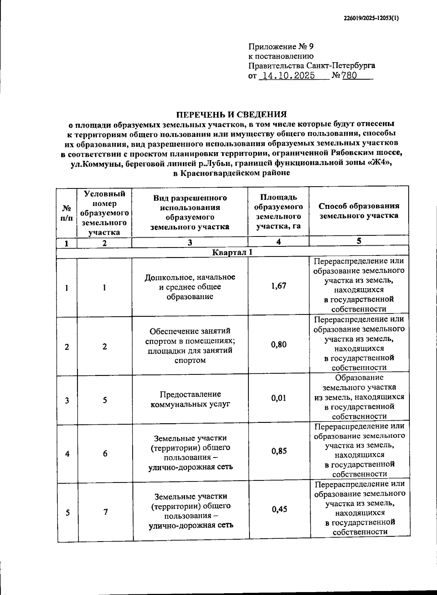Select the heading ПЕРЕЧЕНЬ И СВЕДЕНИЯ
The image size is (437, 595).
click(232, 115)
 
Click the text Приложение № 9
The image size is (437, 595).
click(280, 47)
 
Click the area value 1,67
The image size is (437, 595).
click(279, 286)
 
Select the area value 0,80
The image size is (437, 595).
click(279, 344)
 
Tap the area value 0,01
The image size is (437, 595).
click(279, 398)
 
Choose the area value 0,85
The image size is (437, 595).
click(279, 451)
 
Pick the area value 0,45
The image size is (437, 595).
click(279, 509)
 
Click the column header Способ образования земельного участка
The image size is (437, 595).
click(359, 211)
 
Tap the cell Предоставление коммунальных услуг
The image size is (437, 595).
click(190, 399)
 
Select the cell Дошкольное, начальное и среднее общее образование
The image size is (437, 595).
click(190, 287)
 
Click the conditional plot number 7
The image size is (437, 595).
click(105, 512)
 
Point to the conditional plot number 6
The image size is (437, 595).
click(105, 453)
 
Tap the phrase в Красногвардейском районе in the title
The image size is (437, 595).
click(232, 173)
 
